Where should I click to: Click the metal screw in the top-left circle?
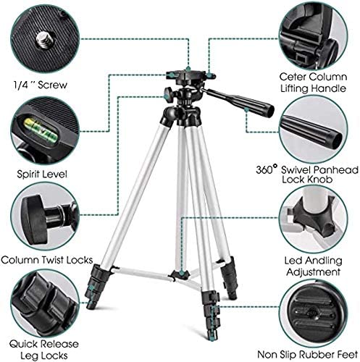[45, 40]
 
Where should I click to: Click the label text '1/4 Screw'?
[40, 85]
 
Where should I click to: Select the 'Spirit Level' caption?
[42, 174]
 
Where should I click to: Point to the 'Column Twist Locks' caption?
[47, 260]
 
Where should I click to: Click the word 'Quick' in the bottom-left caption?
[24, 344]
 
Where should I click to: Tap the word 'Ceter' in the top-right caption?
[293, 77]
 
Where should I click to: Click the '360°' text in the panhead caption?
[267, 169]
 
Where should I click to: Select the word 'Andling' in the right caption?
[324, 261]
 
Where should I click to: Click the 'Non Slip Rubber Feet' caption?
[307, 355]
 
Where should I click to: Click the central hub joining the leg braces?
[180, 274]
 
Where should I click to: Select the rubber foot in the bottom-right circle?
[314, 313]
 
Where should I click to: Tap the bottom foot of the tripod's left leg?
[91, 305]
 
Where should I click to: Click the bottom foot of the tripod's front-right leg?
[212, 334]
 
